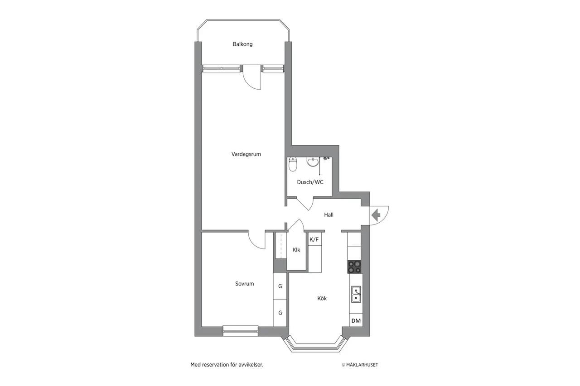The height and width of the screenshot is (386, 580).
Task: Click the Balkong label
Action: coord(242,44)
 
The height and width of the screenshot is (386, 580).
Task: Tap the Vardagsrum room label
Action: coord(246,154)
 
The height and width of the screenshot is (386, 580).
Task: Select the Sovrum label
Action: coord(244,284)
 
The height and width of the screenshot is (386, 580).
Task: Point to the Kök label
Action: coord(322,298)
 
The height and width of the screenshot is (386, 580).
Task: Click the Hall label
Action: coord(329,214)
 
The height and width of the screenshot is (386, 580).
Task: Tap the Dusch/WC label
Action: coord(310,182)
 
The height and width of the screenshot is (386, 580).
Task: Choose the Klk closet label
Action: coord(296,250)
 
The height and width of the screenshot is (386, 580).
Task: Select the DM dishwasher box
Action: coord(356,320)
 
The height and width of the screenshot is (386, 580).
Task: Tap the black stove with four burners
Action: coord(354,267)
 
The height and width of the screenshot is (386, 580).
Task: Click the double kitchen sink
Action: coord(356,294)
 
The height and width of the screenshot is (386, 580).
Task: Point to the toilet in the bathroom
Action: coord(293,164)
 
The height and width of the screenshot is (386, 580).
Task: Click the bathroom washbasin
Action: coord(313,162)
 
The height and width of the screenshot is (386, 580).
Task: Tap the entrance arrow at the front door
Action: coord(376,215)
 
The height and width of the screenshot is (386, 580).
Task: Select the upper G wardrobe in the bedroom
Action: coord(280,286)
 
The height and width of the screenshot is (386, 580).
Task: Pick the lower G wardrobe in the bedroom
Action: coord(280,313)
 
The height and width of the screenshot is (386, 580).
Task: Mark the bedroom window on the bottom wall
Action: coord(241,331)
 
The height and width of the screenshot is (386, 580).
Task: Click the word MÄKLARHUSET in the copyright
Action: coord(362,365)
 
